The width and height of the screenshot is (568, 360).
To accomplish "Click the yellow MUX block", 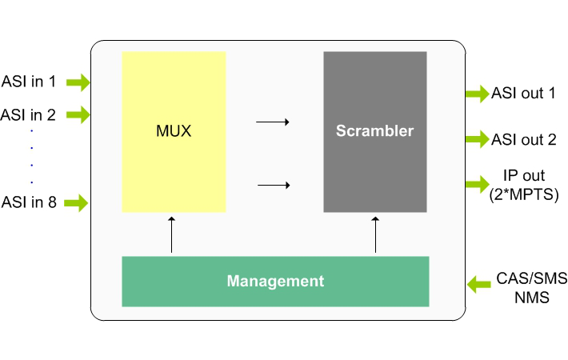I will click(x=174, y=131).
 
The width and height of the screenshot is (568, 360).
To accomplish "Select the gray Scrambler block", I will click(x=374, y=131).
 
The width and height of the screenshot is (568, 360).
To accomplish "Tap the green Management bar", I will click(x=275, y=281).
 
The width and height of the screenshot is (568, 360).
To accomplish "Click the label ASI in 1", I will click(x=30, y=81).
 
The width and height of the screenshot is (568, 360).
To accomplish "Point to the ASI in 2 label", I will click(x=29, y=114).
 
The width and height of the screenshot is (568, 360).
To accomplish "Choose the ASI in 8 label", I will click(x=29, y=202).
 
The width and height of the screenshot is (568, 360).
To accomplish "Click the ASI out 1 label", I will click(x=524, y=94).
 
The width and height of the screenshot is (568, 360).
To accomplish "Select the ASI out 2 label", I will click(x=524, y=139).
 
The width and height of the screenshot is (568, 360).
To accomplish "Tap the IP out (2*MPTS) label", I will click(x=524, y=183).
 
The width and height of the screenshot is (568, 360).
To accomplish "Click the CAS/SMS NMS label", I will click(x=531, y=286).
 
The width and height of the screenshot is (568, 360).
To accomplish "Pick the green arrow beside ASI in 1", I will click(x=78, y=82).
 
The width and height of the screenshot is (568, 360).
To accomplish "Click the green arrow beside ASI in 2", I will click(x=78, y=115).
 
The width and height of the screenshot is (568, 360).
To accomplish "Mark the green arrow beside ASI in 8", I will click(x=76, y=202).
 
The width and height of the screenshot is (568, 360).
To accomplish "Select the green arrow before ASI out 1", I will click(x=477, y=94).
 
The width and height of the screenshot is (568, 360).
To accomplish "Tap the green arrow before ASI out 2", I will click(x=477, y=139).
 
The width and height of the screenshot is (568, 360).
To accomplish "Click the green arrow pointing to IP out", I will click(x=477, y=184).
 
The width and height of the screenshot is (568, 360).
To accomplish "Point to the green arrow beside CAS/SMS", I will click(x=478, y=282).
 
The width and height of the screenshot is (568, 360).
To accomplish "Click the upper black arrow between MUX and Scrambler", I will click(x=272, y=122).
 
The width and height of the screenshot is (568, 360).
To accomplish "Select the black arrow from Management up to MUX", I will click(x=172, y=234).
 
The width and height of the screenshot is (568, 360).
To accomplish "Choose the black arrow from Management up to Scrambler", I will click(x=376, y=234).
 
